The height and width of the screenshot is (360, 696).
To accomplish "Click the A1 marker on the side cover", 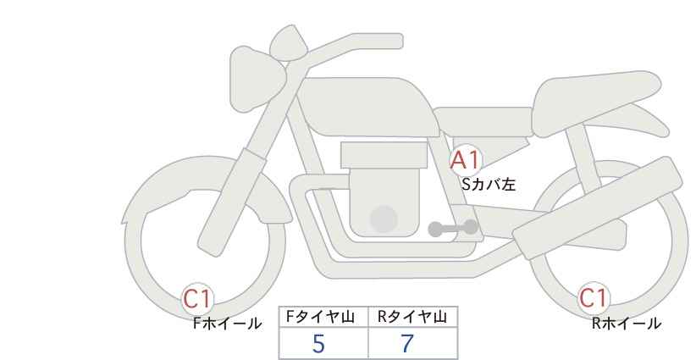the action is tap(465, 161).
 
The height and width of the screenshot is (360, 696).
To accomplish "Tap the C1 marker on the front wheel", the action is tap(197, 299).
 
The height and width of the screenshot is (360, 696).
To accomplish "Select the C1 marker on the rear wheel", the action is tap(594, 298).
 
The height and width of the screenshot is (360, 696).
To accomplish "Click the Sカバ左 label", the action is tap(489, 184).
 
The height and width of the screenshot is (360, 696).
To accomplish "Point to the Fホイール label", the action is tap(227, 324).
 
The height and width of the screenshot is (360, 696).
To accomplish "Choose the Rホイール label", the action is tap(627, 324).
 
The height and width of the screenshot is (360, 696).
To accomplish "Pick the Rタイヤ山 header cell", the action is tap(413, 317).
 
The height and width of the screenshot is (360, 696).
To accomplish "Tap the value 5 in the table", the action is tap(318, 344).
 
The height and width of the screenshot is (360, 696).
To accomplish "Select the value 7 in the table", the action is tap(407, 344).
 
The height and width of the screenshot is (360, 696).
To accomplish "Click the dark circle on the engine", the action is tap(384, 219).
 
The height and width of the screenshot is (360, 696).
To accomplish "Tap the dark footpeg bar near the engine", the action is tap(453, 229).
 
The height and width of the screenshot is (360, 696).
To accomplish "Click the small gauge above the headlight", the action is tap(289, 42).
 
